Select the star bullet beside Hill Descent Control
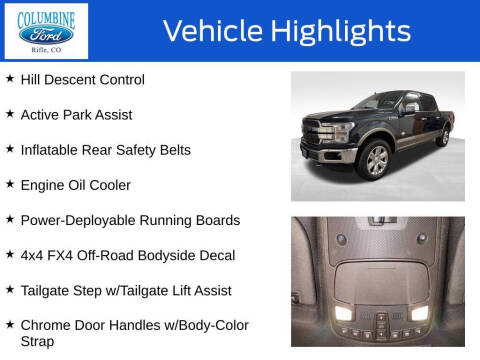tap(10, 79)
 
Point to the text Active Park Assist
tap(76, 115)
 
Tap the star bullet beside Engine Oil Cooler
tap(10, 184)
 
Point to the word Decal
tap(215, 255)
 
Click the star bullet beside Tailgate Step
tap(10, 289)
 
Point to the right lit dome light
tap(419, 313)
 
